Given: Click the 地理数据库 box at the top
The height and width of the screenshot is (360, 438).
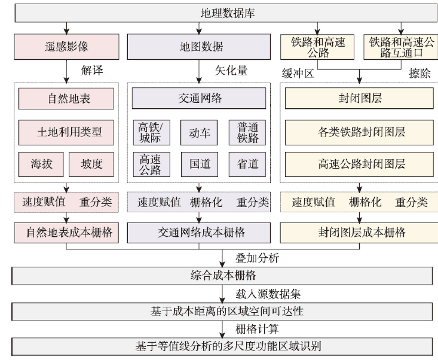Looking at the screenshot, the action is tap(226, 13).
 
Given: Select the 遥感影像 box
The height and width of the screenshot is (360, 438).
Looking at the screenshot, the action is tap(66, 47).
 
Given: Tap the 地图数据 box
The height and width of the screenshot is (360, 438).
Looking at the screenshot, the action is tap(199, 47).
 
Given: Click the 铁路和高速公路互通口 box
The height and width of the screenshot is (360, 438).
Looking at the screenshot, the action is tap(401, 47).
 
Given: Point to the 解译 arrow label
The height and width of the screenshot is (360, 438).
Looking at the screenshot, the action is tap(92, 71).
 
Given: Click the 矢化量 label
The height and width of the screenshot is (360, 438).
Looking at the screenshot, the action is tap(231, 71).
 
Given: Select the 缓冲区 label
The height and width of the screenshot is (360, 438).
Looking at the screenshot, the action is tap(298, 74).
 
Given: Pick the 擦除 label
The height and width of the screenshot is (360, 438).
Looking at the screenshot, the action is tap(419, 74).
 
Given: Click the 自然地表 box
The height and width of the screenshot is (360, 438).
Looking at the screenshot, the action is tap(66, 99).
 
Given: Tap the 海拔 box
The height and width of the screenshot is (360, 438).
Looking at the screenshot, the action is tap(41, 164).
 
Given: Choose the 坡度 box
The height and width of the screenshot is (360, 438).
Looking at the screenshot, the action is tap(91, 164).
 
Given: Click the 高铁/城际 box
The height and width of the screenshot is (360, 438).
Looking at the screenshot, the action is tap(151, 133).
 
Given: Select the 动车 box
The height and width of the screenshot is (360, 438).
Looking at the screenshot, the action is tap(199, 133).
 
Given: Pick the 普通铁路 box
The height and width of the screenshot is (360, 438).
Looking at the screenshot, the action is tap(247, 133).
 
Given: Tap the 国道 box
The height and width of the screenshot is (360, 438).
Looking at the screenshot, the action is tap(200, 164).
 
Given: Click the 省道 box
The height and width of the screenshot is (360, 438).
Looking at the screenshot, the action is tap(247, 164).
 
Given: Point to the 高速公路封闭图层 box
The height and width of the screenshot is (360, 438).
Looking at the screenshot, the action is tap(359, 164).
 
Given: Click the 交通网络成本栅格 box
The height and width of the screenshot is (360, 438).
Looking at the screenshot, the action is tap(199, 233).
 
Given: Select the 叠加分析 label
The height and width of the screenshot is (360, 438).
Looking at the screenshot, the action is tap(258, 258).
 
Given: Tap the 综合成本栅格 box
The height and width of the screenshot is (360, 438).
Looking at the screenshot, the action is tap(222, 276).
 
